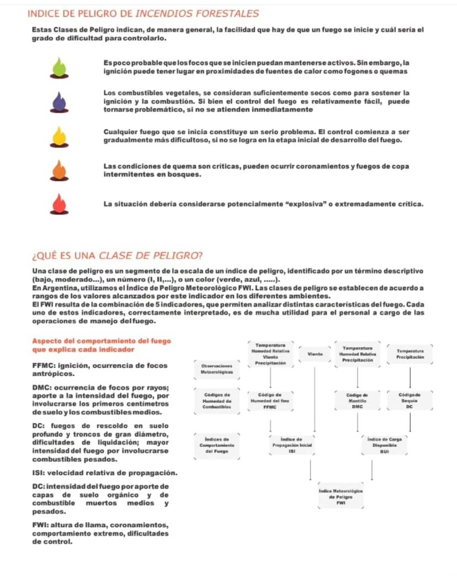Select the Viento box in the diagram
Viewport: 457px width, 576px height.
point(315,352)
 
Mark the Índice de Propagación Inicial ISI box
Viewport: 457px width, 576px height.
point(292,446)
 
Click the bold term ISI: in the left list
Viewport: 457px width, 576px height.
point(40,473)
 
